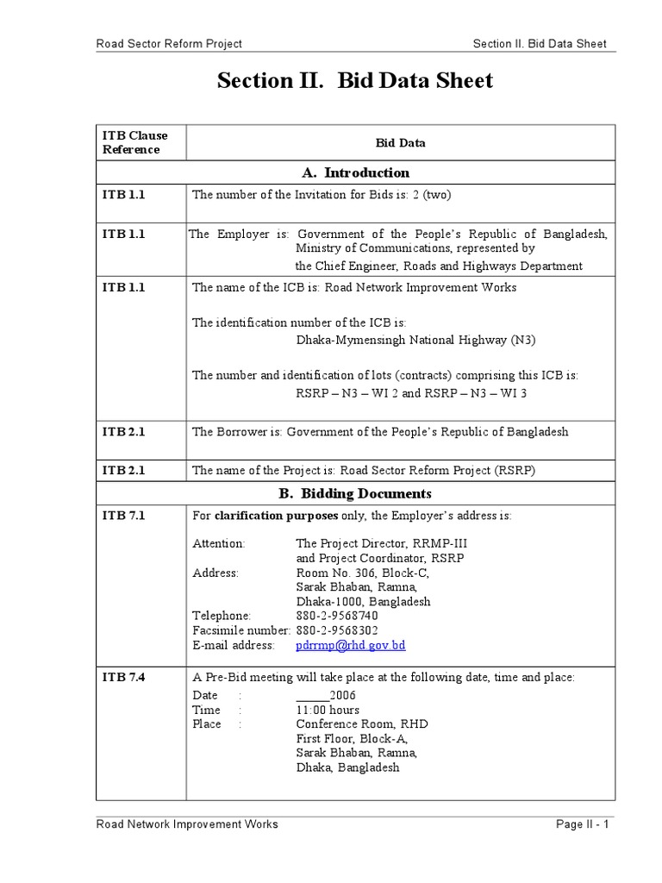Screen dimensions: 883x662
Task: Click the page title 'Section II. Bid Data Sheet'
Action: (x=355, y=81)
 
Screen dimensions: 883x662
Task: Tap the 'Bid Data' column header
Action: (x=400, y=142)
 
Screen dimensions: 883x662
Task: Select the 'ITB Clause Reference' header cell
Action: (x=135, y=142)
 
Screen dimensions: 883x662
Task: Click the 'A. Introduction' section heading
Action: (x=356, y=172)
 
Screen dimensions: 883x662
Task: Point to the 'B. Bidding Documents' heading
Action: (x=355, y=494)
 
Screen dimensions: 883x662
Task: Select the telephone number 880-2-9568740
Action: (x=337, y=616)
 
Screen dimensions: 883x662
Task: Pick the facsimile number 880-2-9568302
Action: (x=337, y=630)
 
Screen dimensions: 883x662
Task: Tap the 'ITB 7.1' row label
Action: (x=124, y=516)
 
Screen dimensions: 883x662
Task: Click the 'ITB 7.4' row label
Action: (x=124, y=678)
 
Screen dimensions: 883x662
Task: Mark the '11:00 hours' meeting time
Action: (x=328, y=710)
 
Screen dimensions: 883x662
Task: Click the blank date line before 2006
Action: (x=311, y=696)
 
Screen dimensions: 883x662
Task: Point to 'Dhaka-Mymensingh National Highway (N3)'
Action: (x=415, y=341)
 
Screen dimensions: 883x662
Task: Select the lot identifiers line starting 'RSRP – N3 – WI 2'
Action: (x=410, y=392)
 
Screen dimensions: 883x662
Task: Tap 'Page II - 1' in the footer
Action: (x=583, y=824)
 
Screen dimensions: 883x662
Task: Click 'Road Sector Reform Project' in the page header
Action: (x=169, y=44)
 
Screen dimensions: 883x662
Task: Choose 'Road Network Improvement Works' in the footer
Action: (x=187, y=824)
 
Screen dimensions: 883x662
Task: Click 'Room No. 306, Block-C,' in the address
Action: (x=362, y=573)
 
